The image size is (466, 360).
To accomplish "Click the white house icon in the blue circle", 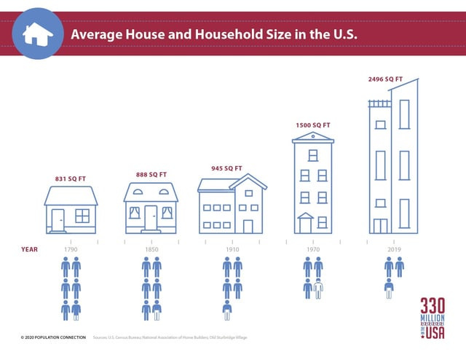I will pos(34,33).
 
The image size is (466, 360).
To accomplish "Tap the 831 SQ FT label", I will pos(71,179).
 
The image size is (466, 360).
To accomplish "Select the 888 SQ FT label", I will pos(151,174).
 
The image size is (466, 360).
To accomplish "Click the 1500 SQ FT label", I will pos(312,125).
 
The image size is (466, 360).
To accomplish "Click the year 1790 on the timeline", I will pos(71,249).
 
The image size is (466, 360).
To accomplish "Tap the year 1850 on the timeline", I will pos(151,249).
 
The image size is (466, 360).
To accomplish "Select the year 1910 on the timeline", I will pos(232,249).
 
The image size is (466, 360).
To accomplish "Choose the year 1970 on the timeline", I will pos(313,249).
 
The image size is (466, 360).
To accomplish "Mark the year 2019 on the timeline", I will pos(394,249).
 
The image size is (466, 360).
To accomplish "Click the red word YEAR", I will pos(28,249).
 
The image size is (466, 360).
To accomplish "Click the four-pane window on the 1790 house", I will pos(82,216).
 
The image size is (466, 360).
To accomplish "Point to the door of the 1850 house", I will pos(151,218).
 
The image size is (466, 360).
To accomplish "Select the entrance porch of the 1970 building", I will pos(305,223).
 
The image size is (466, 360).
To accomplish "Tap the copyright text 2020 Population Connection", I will pos(53,337).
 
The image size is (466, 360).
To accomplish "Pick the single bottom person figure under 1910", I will pos(227,310).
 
